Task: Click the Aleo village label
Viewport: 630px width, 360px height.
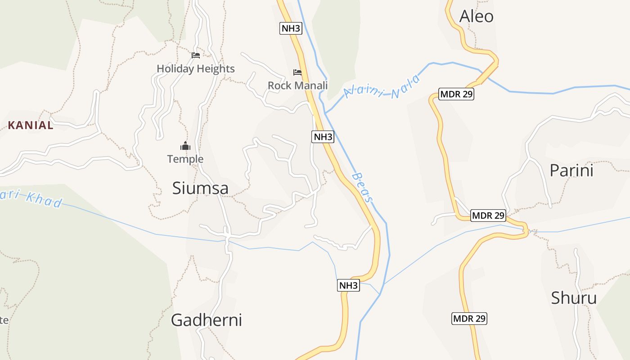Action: pos(476,17)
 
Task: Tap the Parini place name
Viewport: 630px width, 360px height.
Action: pos(571,171)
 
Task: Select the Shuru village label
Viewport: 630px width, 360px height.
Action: pos(574,298)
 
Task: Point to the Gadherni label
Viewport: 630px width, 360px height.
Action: pos(206,320)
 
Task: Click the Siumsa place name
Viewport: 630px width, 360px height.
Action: pos(200,188)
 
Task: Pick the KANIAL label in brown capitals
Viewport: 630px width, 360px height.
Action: pos(31,126)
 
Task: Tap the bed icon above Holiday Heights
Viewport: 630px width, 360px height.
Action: pos(195,55)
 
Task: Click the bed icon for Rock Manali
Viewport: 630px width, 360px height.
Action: pos(297,72)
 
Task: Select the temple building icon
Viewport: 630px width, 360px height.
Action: pos(185,146)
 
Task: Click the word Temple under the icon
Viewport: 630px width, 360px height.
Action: pos(185,159)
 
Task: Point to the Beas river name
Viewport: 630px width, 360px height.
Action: pos(363,187)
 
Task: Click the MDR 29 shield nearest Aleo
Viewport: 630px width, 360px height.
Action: pos(456,94)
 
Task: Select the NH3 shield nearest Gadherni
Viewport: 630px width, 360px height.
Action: pos(348,285)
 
